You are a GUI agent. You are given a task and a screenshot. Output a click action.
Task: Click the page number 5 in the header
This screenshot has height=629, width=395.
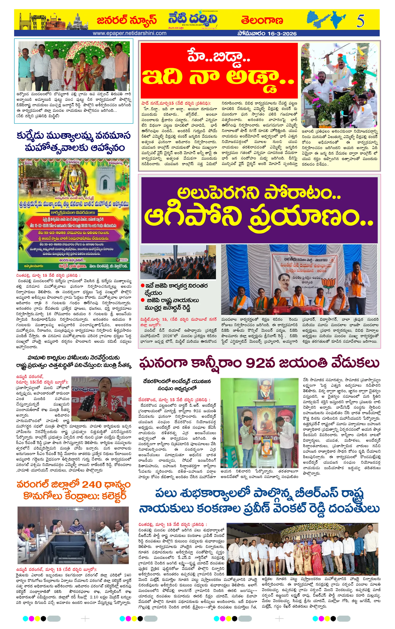point(360,21)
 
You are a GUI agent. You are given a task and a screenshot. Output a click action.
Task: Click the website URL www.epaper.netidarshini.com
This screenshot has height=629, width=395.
point(130,33)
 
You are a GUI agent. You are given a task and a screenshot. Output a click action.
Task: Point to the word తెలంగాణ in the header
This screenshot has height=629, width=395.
point(262,20)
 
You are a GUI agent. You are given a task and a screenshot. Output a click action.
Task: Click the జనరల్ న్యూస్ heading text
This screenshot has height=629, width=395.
point(127,20)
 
